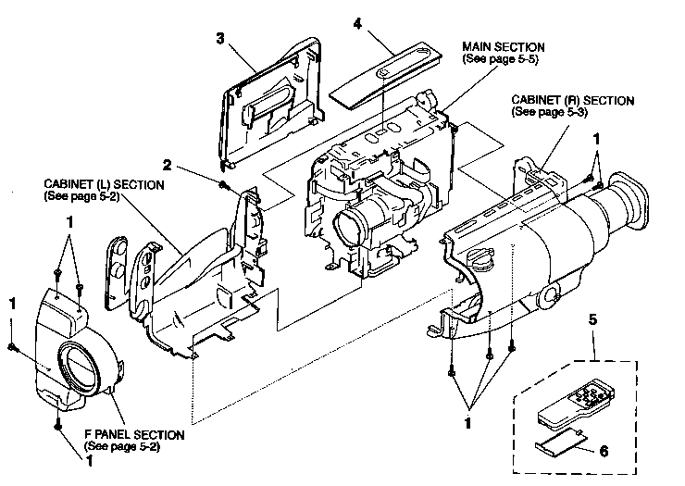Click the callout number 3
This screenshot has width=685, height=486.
click(x=220, y=39)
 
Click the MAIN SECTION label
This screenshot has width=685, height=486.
click(x=504, y=46)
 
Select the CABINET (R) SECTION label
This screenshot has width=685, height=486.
click(x=571, y=100)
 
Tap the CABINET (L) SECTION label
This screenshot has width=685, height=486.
click(x=104, y=185)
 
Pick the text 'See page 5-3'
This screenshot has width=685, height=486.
click(x=549, y=112)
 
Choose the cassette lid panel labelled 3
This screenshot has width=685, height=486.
click(x=272, y=103)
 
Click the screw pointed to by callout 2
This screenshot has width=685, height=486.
click(x=225, y=186)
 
